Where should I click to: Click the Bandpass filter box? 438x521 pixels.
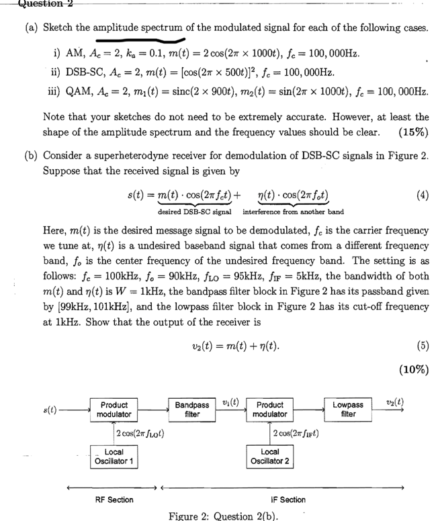click(191, 410)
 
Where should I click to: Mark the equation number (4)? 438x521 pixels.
click(421, 197)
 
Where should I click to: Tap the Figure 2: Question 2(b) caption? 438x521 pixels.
click(220, 514)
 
